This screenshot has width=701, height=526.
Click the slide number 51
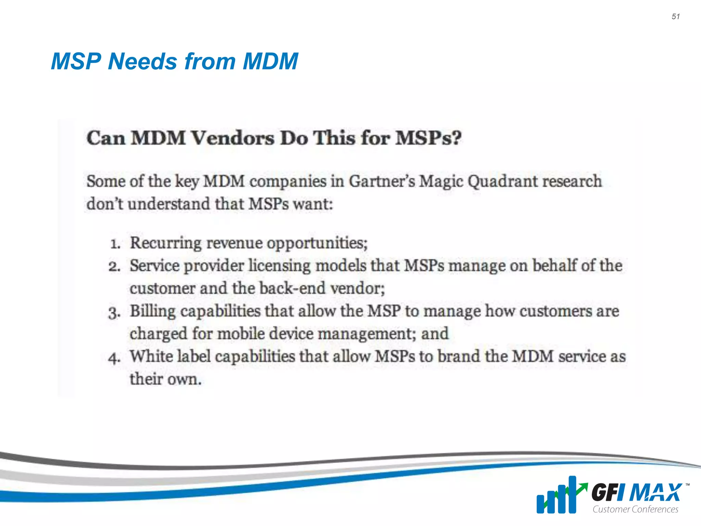675,16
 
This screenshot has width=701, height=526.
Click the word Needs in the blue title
143,62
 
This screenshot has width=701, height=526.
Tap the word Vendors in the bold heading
232,138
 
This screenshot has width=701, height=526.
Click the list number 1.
115,244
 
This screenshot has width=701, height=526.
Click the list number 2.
115,266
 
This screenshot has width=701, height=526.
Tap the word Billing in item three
153,312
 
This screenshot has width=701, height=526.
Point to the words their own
166,379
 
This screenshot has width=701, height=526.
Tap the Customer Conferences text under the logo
635,509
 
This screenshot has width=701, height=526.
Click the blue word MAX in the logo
655,493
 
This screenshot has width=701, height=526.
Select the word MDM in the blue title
270,62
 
